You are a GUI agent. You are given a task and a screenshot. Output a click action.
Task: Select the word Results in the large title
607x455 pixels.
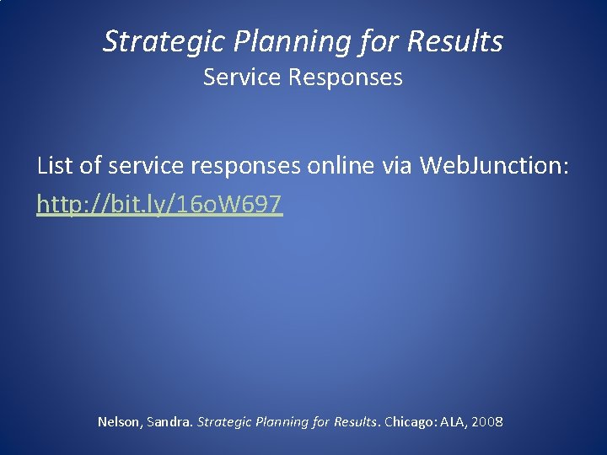pyautogui.click(x=456, y=41)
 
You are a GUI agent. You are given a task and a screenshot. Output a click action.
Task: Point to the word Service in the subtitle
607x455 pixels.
pyautogui.click(x=243, y=78)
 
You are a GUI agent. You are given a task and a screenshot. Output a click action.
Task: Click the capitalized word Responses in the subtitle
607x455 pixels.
pyautogui.click(x=346, y=78)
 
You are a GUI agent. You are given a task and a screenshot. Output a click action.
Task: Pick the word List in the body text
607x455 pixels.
pyautogui.click(x=56, y=166)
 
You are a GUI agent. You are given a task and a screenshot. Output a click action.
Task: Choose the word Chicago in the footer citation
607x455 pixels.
pyautogui.click(x=409, y=421)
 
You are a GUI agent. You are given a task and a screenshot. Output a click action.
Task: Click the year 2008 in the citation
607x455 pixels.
pyautogui.click(x=488, y=421)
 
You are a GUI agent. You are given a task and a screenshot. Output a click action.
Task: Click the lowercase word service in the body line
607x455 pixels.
pyautogui.click(x=156, y=166)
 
